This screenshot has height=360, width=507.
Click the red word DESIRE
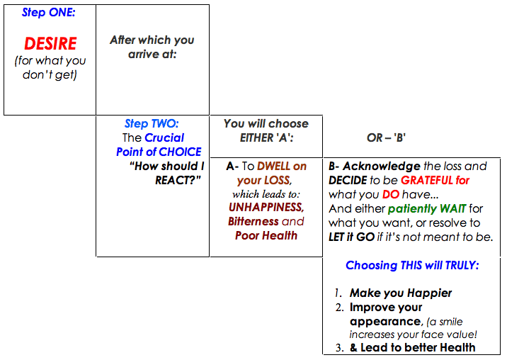50,43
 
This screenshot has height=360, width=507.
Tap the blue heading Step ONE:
48,12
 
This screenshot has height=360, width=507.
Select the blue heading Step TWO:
152,123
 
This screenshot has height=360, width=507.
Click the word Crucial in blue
164,137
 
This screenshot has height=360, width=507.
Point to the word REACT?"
178,180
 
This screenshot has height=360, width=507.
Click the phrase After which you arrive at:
152,47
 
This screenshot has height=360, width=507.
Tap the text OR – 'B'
386,138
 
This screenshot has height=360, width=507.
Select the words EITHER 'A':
266,138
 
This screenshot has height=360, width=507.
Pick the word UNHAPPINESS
266,207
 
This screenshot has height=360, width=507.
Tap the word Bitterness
253,221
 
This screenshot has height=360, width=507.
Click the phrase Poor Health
266,236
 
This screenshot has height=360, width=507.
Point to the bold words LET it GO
351,237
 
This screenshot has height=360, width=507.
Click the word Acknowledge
382,167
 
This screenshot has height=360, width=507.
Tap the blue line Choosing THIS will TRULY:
412,266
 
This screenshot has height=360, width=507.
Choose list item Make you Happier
401,293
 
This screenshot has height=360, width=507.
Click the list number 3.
339,348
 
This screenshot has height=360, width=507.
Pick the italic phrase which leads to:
266,194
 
